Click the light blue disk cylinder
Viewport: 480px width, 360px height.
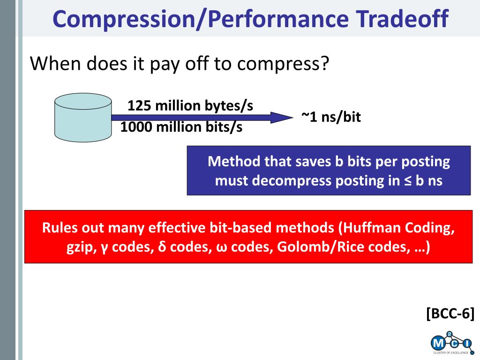(83, 118)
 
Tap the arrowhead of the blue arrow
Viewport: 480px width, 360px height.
(282, 118)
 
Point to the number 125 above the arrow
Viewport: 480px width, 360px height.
(139, 105)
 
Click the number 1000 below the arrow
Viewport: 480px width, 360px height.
(136, 127)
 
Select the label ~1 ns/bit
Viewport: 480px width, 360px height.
(331, 117)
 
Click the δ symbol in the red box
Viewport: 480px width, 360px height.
(162, 247)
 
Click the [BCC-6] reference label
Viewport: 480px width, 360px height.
(450, 314)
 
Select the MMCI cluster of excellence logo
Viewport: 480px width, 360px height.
(451, 343)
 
